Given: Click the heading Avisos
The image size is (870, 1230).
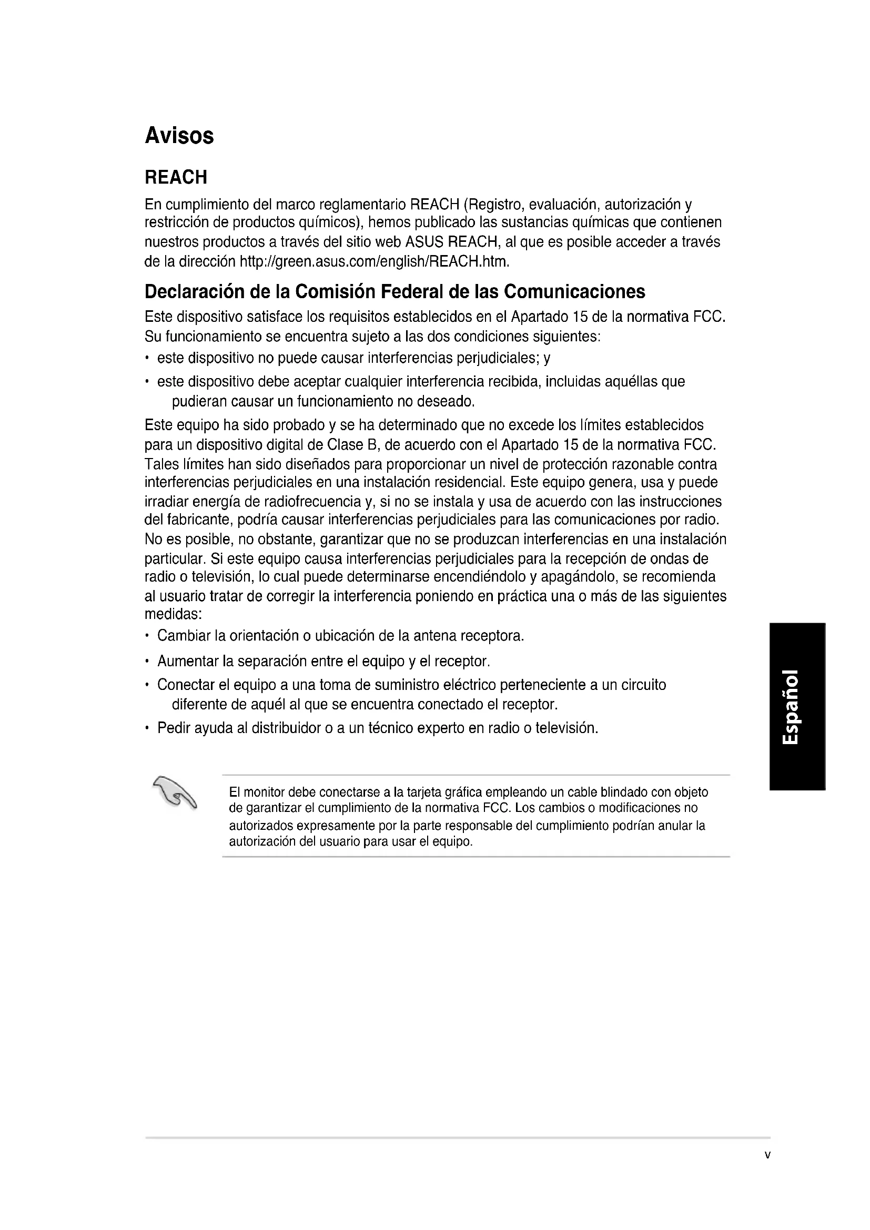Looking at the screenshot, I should coord(179,136).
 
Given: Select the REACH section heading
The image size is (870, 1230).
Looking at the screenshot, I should coord(176,177).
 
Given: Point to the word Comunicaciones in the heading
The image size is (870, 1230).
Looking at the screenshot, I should coord(575,292).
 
